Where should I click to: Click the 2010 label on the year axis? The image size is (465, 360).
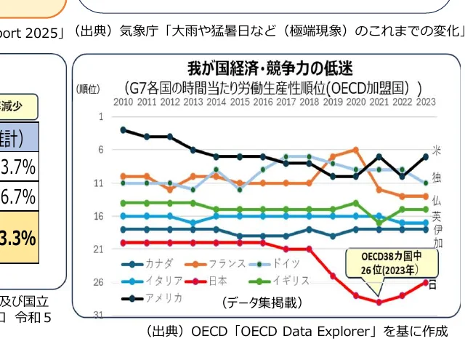(x=124, y=102)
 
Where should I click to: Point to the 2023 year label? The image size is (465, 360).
(x=426, y=102)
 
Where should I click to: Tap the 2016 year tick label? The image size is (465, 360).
(x=263, y=102)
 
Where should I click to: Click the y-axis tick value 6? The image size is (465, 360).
(x=100, y=149)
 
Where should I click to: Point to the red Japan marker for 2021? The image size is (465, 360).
(x=379, y=302)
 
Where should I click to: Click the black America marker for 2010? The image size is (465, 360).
(x=124, y=129)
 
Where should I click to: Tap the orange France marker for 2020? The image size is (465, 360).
(x=356, y=150)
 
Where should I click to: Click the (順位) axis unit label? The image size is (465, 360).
(x=88, y=89)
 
